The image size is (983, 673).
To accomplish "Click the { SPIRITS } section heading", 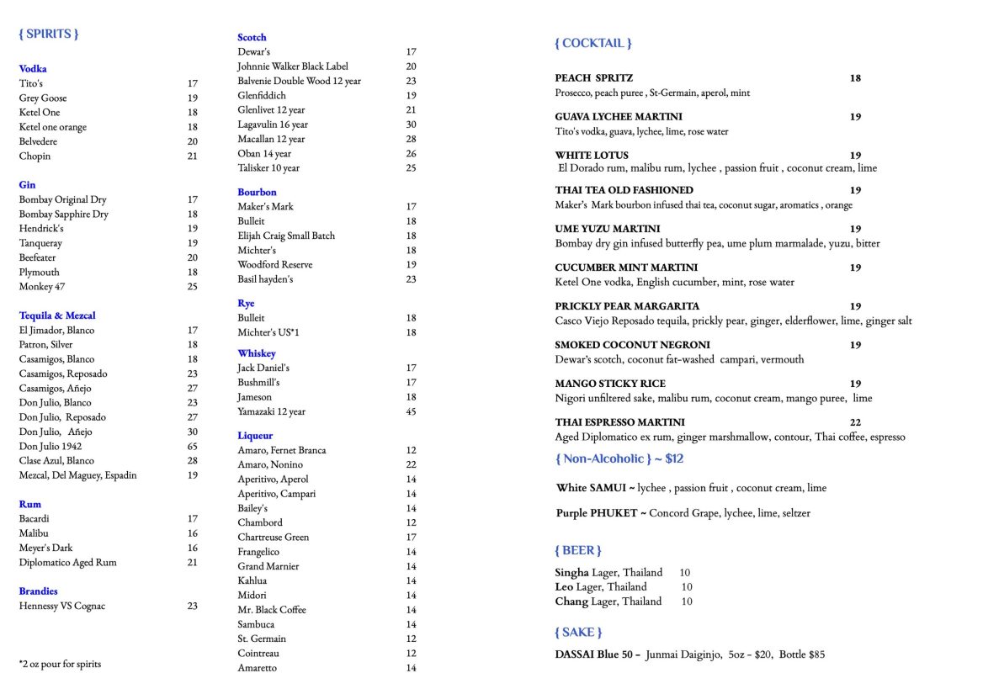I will click(49, 34).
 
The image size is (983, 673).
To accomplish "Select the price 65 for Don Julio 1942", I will click(193, 446).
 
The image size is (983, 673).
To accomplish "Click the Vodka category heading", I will click(33, 69).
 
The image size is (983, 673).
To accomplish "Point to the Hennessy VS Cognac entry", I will click(62, 606).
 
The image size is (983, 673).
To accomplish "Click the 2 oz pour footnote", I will click(60, 664).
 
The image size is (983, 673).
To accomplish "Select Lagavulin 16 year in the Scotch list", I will click(273, 125).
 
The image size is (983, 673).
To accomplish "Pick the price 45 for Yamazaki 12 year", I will click(411, 411).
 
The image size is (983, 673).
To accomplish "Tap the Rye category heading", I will click(246, 303).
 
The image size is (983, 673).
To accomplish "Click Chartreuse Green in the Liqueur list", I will click(273, 537).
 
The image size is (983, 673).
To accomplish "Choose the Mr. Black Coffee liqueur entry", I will click(272, 609).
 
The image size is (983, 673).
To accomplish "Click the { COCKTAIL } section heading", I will click(592, 43).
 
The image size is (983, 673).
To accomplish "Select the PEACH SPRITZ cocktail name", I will click(594, 78).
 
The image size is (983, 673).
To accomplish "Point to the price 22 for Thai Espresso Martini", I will click(855, 422).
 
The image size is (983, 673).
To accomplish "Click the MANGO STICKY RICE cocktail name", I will click(610, 384).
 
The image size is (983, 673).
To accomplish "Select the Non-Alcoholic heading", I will click(619, 458).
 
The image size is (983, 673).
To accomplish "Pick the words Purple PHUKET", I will click(596, 513).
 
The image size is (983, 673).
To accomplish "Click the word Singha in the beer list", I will click(571, 573).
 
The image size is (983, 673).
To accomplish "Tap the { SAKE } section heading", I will click(578, 632).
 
